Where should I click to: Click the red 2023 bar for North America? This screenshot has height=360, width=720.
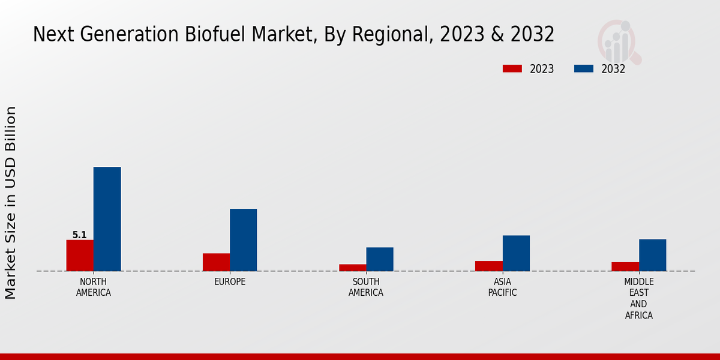pos(80,256)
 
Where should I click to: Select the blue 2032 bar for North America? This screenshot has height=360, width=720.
pos(107,219)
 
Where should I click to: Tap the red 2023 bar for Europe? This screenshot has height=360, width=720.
pos(216,262)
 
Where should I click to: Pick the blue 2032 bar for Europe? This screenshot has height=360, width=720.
pos(243,240)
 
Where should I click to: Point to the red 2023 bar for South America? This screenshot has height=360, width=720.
pos(352,268)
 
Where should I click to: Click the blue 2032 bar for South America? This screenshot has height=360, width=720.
pos(380,259)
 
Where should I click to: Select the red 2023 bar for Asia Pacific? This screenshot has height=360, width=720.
pos(488,266)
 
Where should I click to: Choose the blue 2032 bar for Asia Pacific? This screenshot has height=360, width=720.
pos(516,253)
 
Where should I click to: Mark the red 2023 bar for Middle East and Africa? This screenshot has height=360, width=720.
pos(625,266)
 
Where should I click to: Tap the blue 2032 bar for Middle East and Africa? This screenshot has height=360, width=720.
pos(652,255)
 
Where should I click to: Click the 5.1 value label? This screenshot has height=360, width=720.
pos(80,235)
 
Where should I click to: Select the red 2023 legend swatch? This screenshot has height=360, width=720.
pos(512,69)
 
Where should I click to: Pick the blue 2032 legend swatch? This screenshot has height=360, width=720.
pos(584,69)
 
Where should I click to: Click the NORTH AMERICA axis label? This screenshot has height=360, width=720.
pos(94,287)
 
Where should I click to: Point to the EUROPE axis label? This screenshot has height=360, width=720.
pos(230,282)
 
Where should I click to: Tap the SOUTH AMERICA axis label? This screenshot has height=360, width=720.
pos(366,287)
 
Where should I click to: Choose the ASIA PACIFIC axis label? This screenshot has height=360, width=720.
pos(502,287)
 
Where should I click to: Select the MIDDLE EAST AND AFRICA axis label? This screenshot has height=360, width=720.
pos(638,298)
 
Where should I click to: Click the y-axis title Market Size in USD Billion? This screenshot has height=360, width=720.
pos(11,203)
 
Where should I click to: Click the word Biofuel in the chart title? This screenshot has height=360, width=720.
pos(227,35)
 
